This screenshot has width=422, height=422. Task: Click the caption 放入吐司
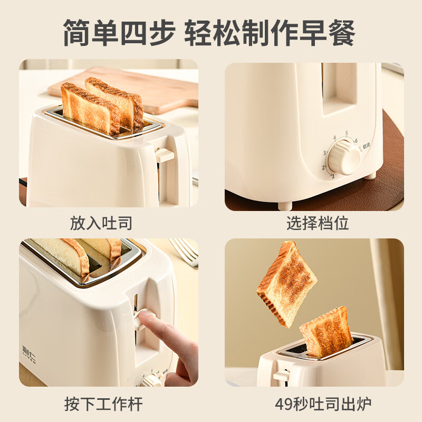click(101, 223)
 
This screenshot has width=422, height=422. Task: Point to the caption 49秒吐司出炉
click(323, 405)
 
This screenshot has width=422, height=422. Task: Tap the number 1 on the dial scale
click(332, 176)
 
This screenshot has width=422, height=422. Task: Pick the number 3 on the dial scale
click(325, 153)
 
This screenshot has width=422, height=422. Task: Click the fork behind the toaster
click(185, 251)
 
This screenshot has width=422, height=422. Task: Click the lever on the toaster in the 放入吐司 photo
click(165, 154)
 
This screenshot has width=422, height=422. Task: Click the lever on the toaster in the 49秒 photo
click(281, 375)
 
